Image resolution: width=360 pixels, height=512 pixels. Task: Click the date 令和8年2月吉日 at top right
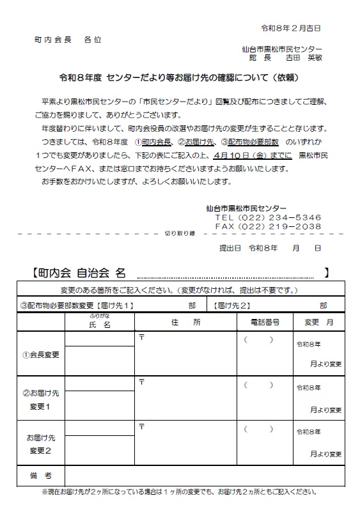[291, 29]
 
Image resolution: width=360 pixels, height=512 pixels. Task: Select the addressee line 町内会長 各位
[67, 40]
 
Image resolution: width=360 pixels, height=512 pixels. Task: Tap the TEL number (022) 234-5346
[268, 217]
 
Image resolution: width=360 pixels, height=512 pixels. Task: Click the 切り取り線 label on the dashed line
[180, 233]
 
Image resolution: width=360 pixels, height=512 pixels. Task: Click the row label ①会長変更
[40, 354]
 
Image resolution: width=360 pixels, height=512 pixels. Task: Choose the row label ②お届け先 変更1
[40, 400]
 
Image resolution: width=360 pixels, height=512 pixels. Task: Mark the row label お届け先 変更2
[40, 445]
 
